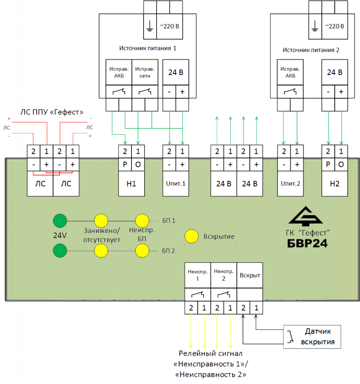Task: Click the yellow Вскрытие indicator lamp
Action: (192, 236)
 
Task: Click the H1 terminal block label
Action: (131, 184)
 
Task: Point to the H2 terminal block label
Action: (335, 184)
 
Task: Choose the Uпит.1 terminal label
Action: (176, 184)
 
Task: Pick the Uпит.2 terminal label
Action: (290, 184)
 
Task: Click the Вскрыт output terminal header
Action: (250, 275)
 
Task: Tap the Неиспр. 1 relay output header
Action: (197, 275)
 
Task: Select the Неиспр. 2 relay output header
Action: (224, 275)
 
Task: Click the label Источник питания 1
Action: (148, 48)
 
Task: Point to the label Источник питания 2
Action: (311, 50)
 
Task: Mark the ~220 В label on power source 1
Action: (170, 26)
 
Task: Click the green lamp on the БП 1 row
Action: (59, 220)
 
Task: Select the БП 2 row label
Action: (169, 250)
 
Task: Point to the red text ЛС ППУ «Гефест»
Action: (52, 112)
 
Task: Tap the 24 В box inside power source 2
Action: (335, 72)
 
